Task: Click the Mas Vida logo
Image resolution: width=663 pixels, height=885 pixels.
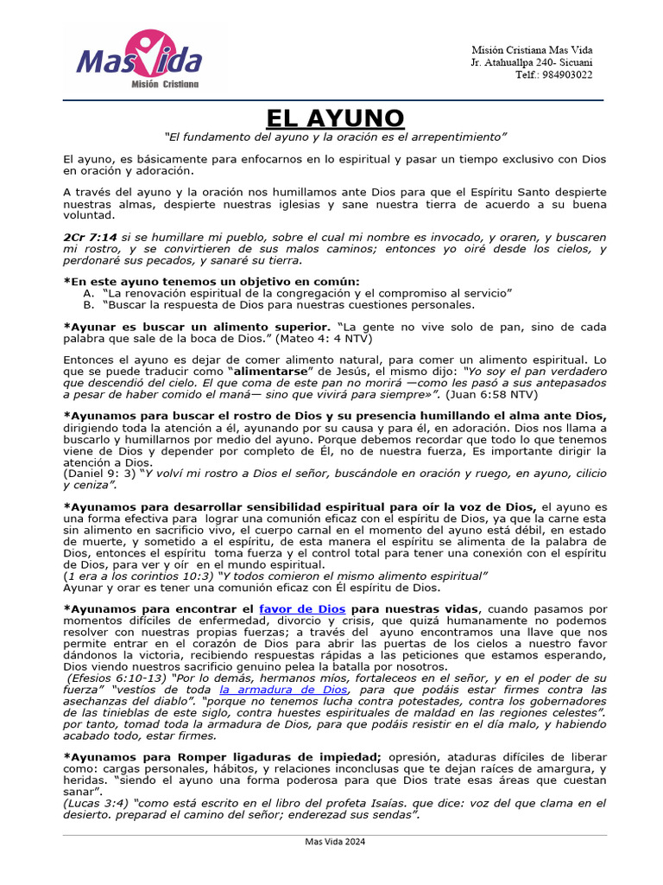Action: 139,61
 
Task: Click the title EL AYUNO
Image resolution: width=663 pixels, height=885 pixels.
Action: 334,118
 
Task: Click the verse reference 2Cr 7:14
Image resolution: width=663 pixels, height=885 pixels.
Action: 90,236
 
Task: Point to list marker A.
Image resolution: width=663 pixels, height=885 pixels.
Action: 88,293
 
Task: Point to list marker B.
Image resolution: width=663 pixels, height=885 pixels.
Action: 88,304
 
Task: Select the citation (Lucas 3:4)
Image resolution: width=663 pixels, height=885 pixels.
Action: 98,803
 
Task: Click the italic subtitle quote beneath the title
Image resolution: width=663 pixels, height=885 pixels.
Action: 334,137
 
